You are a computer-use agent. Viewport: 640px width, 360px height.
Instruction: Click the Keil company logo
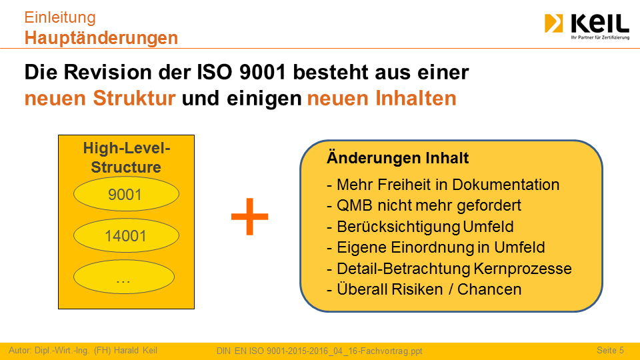pyautogui.click(x=587, y=26)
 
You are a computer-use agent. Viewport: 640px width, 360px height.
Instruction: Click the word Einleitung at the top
pyautogui.click(x=60, y=17)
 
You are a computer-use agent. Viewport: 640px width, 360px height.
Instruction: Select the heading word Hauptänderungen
pyautogui.click(x=101, y=38)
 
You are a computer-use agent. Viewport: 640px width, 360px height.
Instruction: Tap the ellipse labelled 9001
pyautogui.click(x=126, y=194)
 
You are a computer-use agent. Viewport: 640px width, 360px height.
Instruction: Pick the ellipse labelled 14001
pyautogui.click(x=126, y=235)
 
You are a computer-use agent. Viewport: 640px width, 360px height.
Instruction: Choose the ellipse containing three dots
pyautogui.click(x=124, y=277)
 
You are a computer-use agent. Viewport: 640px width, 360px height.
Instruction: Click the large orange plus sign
pyautogui.click(x=249, y=217)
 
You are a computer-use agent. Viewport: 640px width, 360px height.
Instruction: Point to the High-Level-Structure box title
pyautogui.click(x=127, y=157)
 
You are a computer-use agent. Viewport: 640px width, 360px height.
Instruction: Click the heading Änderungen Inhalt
pyautogui.click(x=397, y=158)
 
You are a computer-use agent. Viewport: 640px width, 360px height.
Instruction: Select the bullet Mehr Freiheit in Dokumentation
pyautogui.click(x=443, y=185)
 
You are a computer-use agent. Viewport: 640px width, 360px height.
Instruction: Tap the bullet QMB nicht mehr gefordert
pyautogui.click(x=424, y=205)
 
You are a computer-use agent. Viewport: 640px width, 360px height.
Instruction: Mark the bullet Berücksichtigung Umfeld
pyautogui.click(x=420, y=227)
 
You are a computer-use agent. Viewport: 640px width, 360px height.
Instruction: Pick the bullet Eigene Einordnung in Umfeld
pyautogui.click(x=435, y=247)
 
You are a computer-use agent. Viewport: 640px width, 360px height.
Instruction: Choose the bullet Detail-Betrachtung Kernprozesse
pyautogui.click(x=449, y=269)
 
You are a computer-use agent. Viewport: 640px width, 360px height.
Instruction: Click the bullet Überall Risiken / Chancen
pyautogui.click(x=424, y=289)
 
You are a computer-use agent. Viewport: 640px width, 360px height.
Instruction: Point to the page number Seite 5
pyautogui.click(x=610, y=350)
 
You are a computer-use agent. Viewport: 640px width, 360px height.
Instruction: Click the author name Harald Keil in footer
pyautogui.click(x=135, y=350)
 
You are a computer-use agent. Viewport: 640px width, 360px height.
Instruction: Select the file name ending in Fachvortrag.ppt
pyautogui.click(x=319, y=351)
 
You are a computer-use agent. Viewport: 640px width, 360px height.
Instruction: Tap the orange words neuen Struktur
pyautogui.click(x=100, y=99)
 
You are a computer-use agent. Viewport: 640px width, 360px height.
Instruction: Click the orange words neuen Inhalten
pyautogui.click(x=381, y=99)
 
